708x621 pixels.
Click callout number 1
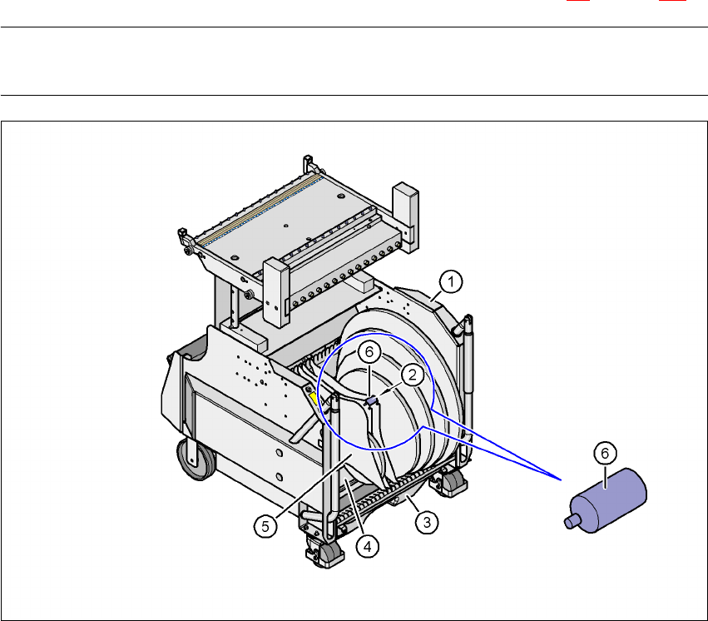(451, 282)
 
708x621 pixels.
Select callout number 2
(413, 375)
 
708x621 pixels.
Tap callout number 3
(427, 523)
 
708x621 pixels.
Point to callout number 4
(368, 547)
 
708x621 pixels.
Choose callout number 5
(265, 527)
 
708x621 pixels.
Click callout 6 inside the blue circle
(369, 352)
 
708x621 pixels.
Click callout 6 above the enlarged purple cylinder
(605, 453)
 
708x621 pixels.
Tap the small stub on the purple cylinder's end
(572, 521)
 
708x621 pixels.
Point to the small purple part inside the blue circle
(371, 401)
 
